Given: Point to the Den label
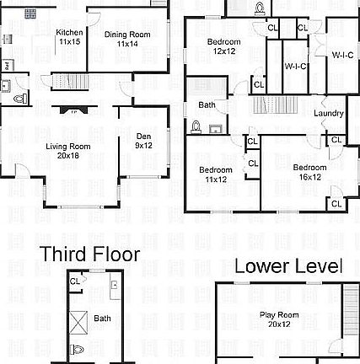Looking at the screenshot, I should coord(143,140).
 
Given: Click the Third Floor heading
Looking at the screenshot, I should coord(89,254).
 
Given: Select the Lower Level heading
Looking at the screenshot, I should coord(288,266).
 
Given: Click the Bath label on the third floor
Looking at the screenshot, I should coord(102,318).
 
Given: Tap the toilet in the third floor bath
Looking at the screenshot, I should coord(78,349).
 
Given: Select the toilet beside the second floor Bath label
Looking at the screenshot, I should coord(196,127).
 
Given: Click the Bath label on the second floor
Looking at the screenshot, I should coord(207,105).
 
